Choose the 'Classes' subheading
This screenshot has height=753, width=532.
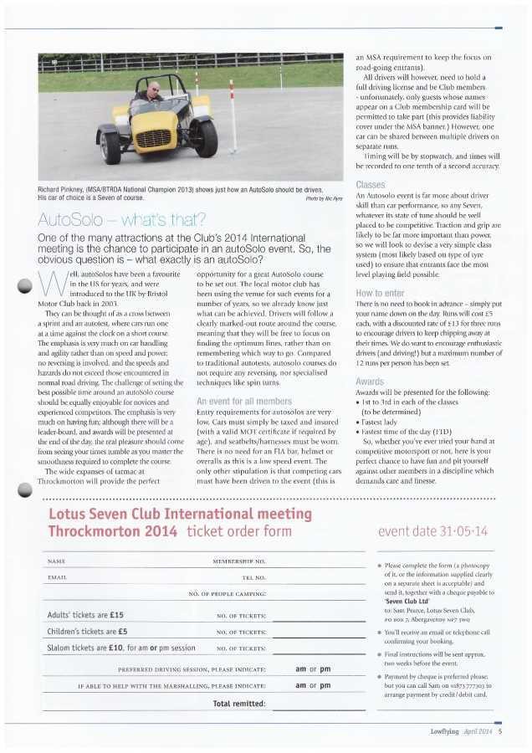370,184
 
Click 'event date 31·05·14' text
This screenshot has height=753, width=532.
432,531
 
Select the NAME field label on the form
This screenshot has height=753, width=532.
57,560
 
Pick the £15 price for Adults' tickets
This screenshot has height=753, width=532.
114,614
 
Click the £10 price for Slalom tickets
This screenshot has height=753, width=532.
115,648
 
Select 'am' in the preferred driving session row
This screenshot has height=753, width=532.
302,669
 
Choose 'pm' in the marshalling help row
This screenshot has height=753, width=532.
325,685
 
